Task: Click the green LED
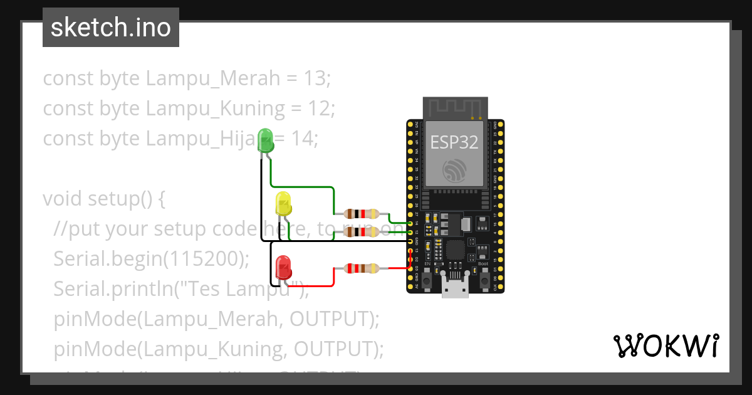(266, 140)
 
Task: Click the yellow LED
(283, 204)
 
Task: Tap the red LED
(283, 266)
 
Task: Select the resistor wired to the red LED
(362, 269)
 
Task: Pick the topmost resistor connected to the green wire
(362, 213)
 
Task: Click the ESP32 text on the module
(454, 142)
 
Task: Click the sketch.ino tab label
(110, 28)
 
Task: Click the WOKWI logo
(666, 345)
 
